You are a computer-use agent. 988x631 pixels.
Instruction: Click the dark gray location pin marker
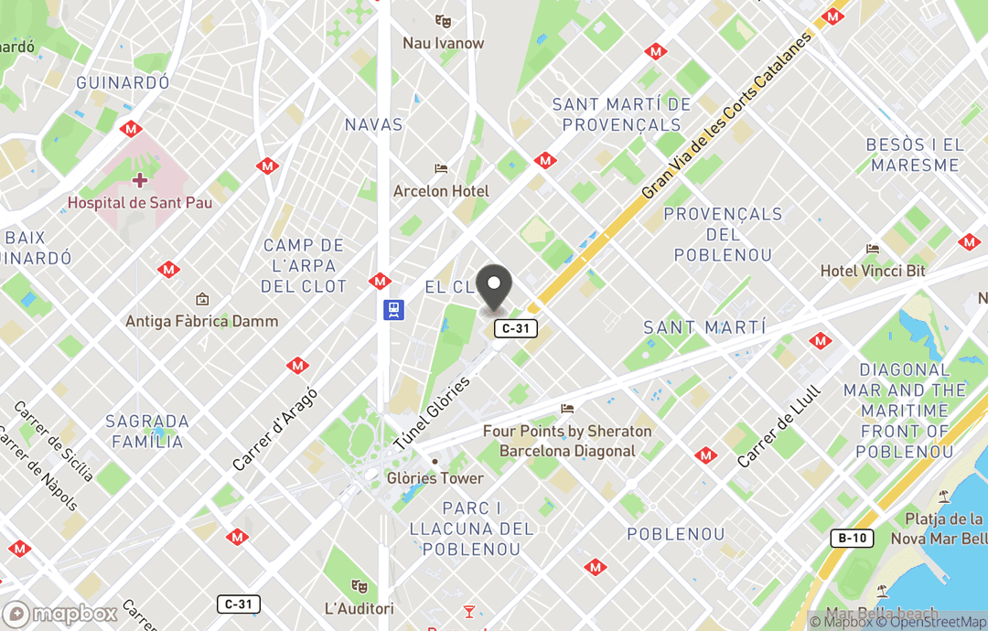point(495,287)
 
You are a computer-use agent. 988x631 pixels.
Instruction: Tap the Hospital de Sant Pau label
point(140,202)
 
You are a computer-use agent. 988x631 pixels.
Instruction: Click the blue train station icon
point(394,310)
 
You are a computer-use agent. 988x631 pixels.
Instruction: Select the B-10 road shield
point(853,538)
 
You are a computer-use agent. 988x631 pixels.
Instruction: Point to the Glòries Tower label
point(435,478)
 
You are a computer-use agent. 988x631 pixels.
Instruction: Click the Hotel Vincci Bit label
point(873,271)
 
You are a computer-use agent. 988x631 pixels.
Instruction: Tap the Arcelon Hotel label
point(441,191)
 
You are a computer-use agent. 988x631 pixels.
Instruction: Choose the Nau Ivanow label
point(444,43)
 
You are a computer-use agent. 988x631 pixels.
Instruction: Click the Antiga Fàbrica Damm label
point(201,321)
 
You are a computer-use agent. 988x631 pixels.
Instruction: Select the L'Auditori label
point(360,608)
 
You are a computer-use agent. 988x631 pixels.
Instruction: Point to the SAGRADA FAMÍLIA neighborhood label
point(147,432)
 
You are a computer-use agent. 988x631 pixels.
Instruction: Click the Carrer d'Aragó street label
point(274,429)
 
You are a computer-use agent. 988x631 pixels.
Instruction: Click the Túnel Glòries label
point(431,412)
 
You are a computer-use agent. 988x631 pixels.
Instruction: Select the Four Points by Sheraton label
point(567,441)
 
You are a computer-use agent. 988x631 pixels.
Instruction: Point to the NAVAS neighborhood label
point(373,124)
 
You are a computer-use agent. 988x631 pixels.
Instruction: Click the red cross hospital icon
point(139,180)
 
